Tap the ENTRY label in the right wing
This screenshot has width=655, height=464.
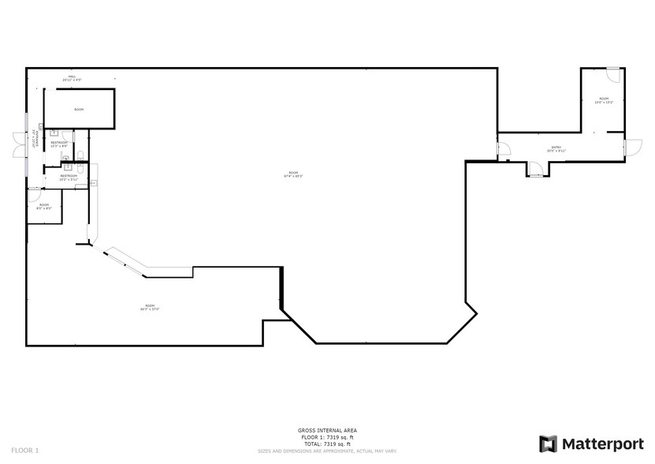coord(556,148)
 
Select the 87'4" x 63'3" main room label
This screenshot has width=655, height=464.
coord(293,174)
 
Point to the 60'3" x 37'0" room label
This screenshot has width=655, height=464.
coord(150,307)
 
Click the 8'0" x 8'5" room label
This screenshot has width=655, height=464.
coord(44,206)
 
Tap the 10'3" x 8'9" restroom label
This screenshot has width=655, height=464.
coord(58,144)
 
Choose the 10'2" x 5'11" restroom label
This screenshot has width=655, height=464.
coord(69,178)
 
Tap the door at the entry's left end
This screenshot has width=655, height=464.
coord(501,148)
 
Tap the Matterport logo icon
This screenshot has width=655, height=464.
coord(548,443)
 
